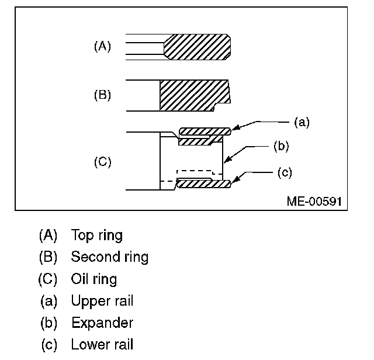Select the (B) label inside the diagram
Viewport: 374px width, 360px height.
(x=102, y=95)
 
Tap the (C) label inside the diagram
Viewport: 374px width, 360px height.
(x=102, y=162)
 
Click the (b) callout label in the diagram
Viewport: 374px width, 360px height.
(x=280, y=146)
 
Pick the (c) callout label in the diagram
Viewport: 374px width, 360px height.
(x=283, y=172)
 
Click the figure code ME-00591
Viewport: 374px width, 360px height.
(x=313, y=201)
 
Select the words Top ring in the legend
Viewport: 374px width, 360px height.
(x=96, y=236)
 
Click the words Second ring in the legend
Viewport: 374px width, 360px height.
(x=109, y=257)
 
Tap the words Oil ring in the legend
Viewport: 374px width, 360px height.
(x=93, y=279)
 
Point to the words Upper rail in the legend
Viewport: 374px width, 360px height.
(x=102, y=301)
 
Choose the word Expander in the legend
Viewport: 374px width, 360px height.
(x=102, y=323)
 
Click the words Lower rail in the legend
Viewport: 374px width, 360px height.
(x=102, y=344)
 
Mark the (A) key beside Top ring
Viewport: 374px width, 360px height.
(x=48, y=236)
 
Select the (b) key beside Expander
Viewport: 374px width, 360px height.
(x=49, y=323)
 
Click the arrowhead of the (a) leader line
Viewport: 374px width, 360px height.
(x=234, y=127)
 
